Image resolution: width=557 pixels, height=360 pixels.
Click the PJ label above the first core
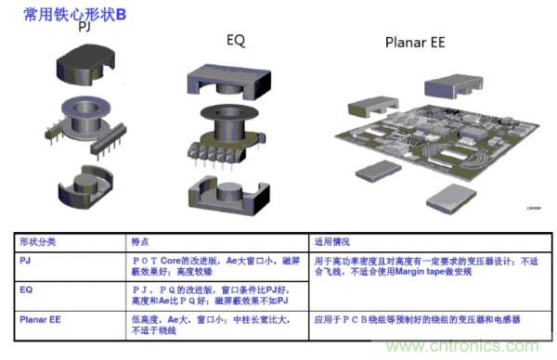(84, 31)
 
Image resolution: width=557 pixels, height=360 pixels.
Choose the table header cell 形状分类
(39, 241)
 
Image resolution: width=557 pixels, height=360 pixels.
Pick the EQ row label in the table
(27, 289)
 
